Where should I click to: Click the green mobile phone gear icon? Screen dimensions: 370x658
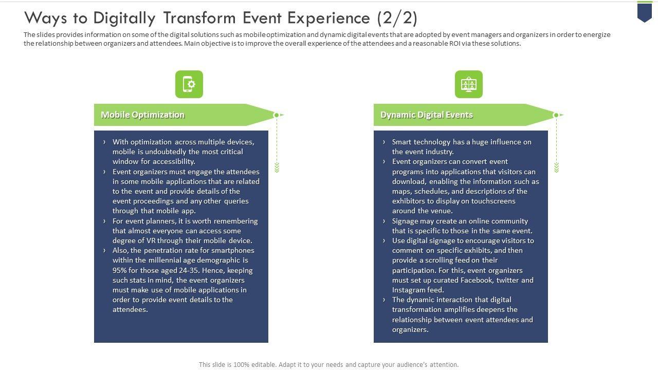pyautogui.click(x=189, y=84)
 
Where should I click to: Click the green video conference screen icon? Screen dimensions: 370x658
pyautogui.click(x=469, y=84)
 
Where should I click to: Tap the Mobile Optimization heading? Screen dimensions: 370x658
pyautogui.click(x=142, y=115)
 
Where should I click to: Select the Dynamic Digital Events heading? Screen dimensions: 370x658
pyautogui.click(x=426, y=115)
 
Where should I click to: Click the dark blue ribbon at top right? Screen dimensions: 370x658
pyautogui.click(x=645, y=12)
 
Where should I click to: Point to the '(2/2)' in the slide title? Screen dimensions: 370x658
pyautogui.click(x=396, y=18)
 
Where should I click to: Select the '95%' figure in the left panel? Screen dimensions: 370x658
pyautogui.click(x=120, y=270)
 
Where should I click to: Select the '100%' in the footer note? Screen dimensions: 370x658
pyautogui.click(x=241, y=365)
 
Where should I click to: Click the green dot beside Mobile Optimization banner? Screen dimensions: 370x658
pyautogui.click(x=276, y=115)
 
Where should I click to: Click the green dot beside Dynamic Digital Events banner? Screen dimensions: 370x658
pyautogui.click(x=556, y=115)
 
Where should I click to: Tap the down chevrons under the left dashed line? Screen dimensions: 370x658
pyautogui.click(x=277, y=167)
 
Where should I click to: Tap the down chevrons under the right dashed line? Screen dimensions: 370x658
pyautogui.click(x=556, y=167)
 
